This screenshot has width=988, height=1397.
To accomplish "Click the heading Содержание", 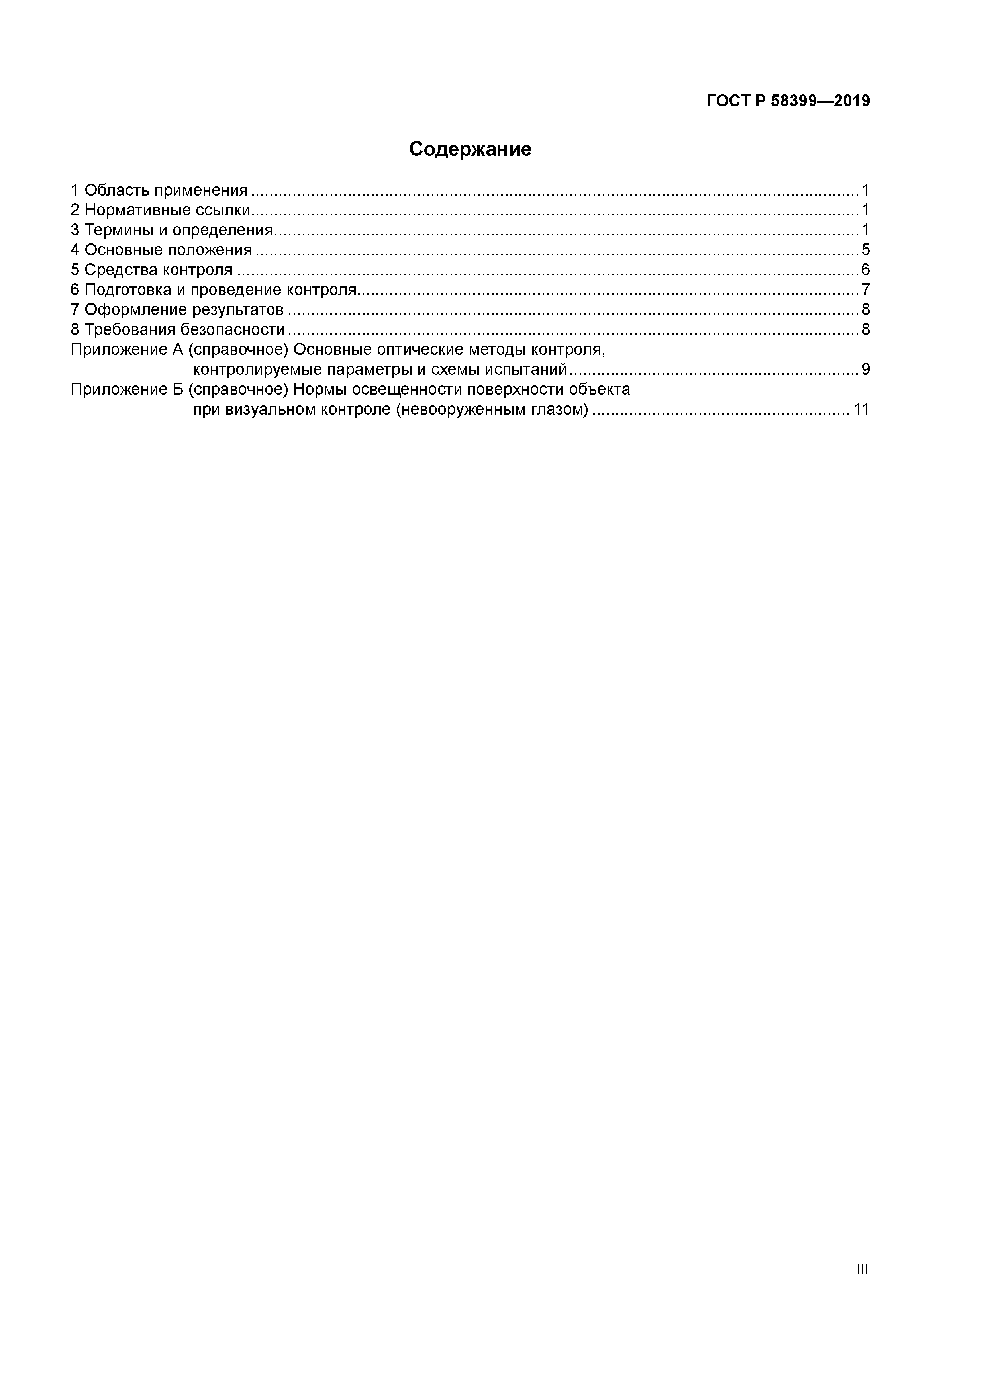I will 470,149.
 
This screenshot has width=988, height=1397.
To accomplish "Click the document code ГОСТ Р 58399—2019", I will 788,101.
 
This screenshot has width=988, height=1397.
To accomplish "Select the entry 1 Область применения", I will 159,190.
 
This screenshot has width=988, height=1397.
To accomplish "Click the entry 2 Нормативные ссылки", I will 161,211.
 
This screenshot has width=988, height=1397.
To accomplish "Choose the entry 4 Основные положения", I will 161,250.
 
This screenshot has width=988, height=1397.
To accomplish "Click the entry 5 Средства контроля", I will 151,270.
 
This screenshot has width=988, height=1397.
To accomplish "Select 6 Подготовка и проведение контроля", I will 213,290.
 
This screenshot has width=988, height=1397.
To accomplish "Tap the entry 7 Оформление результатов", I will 177,310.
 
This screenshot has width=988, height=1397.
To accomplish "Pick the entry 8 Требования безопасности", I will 178,330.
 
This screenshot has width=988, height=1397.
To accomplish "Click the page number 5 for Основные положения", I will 865,250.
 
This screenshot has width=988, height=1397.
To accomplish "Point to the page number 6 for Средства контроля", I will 865,270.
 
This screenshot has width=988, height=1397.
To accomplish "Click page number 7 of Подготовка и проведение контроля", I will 865,290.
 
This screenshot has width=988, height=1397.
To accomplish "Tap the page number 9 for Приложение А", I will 865,369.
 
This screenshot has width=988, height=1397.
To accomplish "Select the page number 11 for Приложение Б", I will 861,409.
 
